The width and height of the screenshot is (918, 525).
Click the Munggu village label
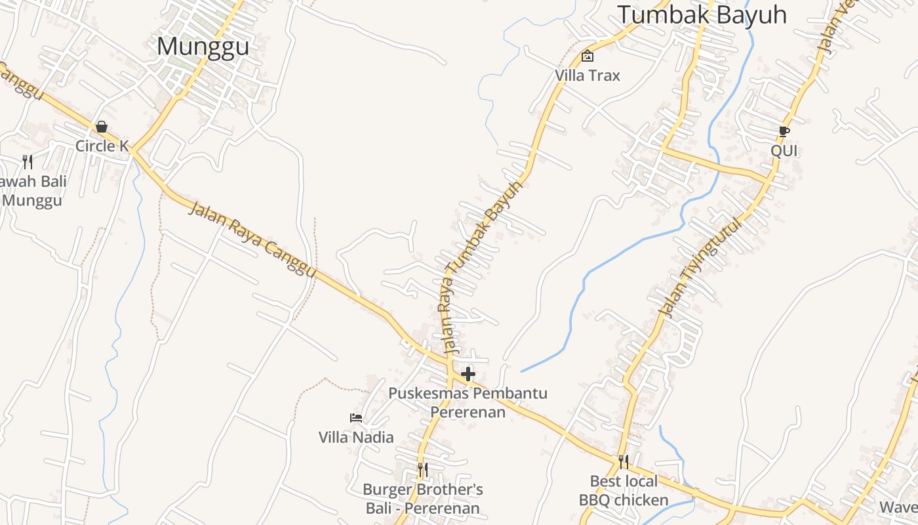(x=203, y=47)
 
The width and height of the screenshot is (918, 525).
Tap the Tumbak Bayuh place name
(x=702, y=14)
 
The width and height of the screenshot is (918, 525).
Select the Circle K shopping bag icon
(x=102, y=126)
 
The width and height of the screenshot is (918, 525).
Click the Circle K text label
(x=102, y=146)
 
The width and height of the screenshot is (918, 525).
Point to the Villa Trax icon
(x=588, y=56)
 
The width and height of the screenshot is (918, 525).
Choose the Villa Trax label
(x=588, y=75)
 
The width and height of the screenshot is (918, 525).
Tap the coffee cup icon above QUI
(x=784, y=131)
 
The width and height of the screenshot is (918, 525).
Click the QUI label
(x=784, y=151)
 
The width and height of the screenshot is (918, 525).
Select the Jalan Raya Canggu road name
(x=252, y=240)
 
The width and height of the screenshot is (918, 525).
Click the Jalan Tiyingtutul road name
(x=702, y=268)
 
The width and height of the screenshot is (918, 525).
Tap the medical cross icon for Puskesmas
(x=468, y=374)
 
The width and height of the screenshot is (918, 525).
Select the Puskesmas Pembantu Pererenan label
(x=468, y=402)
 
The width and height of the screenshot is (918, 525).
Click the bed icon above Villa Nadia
(x=356, y=417)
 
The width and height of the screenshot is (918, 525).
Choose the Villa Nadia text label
(x=356, y=437)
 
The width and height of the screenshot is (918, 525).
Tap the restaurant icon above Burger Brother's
(x=423, y=470)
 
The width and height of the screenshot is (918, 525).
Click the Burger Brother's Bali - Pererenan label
(x=423, y=499)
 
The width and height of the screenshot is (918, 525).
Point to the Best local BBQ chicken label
(x=624, y=491)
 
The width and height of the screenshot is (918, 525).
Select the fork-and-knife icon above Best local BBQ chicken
(x=624, y=462)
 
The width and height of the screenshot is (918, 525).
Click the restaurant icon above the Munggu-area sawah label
(x=28, y=161)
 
